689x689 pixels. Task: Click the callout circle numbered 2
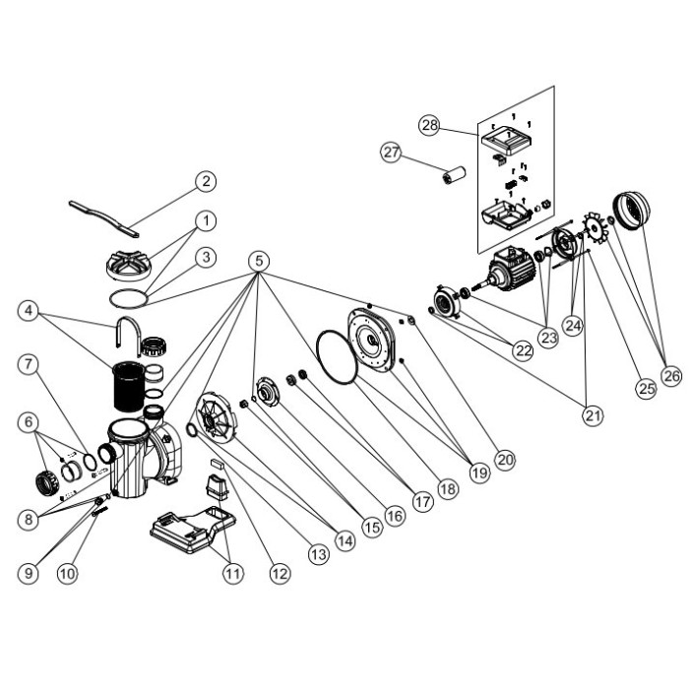point(206,181)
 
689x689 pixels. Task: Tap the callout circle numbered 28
point(429,125)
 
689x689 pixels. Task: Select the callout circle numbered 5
point(259,261)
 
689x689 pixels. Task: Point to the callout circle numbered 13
point(319,554)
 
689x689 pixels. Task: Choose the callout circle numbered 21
point(593,415)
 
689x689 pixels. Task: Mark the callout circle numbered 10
point(67,574)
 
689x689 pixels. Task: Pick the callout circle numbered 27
point(391,152)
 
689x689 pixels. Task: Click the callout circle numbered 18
point(448,488)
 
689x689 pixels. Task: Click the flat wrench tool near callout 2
point(103,219)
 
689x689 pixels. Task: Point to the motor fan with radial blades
point(595,227)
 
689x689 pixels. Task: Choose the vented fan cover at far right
point(631,210)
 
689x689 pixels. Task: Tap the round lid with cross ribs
point(129,265)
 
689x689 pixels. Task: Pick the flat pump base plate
point(193,530)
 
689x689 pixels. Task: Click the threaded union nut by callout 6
point(46,482)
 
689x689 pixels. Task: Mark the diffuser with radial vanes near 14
point(216,417)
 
